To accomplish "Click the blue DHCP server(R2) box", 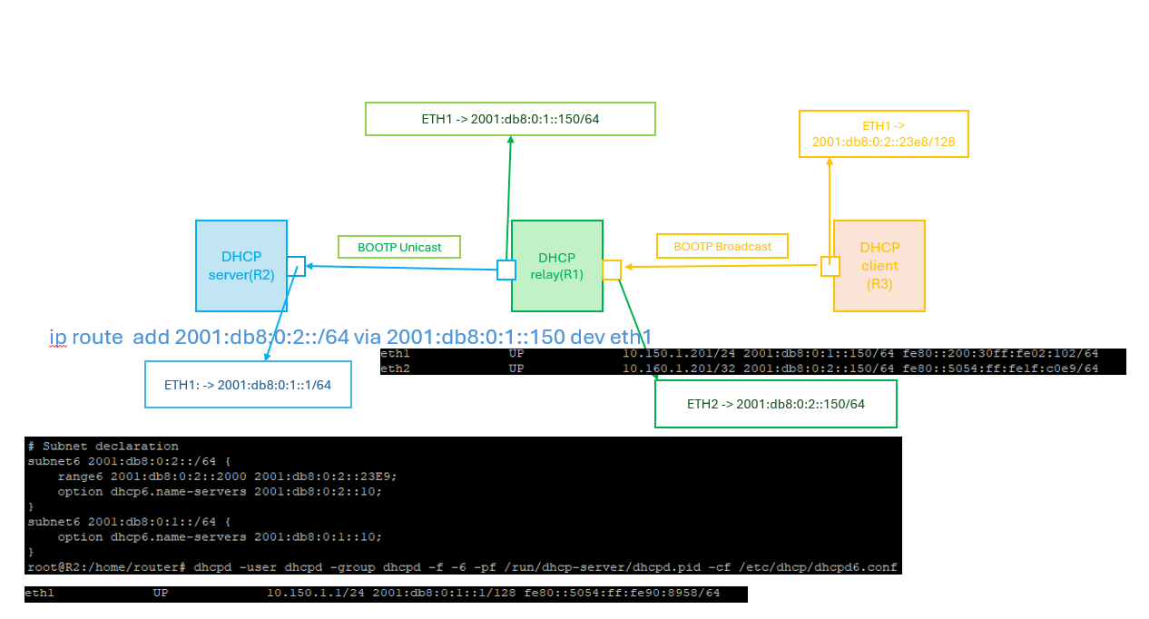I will pos(241,265).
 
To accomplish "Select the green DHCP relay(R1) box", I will pos(556,265).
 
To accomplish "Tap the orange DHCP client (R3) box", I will pos(879,265).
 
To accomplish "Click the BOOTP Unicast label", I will pos(399,247).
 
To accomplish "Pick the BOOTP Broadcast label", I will pos(722,246).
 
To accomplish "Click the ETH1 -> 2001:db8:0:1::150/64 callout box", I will pos(509,119).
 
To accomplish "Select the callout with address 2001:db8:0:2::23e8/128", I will pos(883,134).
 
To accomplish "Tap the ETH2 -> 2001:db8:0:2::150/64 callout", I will pos(775,404).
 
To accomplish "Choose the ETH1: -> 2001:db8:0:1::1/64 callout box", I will pos(247,385).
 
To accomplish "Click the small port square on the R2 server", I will pos(296,266).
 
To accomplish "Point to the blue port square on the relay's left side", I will pos(506,270).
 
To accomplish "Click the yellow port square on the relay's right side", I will pos(612,270).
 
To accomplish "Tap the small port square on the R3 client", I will pos(830,266).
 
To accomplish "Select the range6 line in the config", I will pos(227,477).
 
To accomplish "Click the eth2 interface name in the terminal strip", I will pos(395,368).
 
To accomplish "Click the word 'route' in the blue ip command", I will pos(99,337).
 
